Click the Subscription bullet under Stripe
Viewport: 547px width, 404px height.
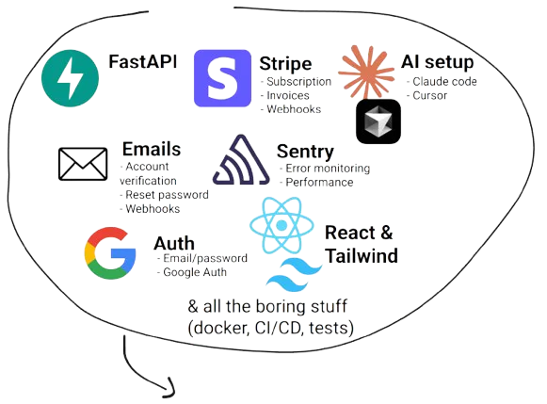[x=296, y=82]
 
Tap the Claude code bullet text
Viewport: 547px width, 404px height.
[x=442, y=83]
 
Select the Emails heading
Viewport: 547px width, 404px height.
[x=151, y=150]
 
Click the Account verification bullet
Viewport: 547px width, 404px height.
[x=154, y=174]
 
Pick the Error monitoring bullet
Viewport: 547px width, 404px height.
[x=326, y=169]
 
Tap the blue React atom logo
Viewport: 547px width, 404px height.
[x=284, y=226]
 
